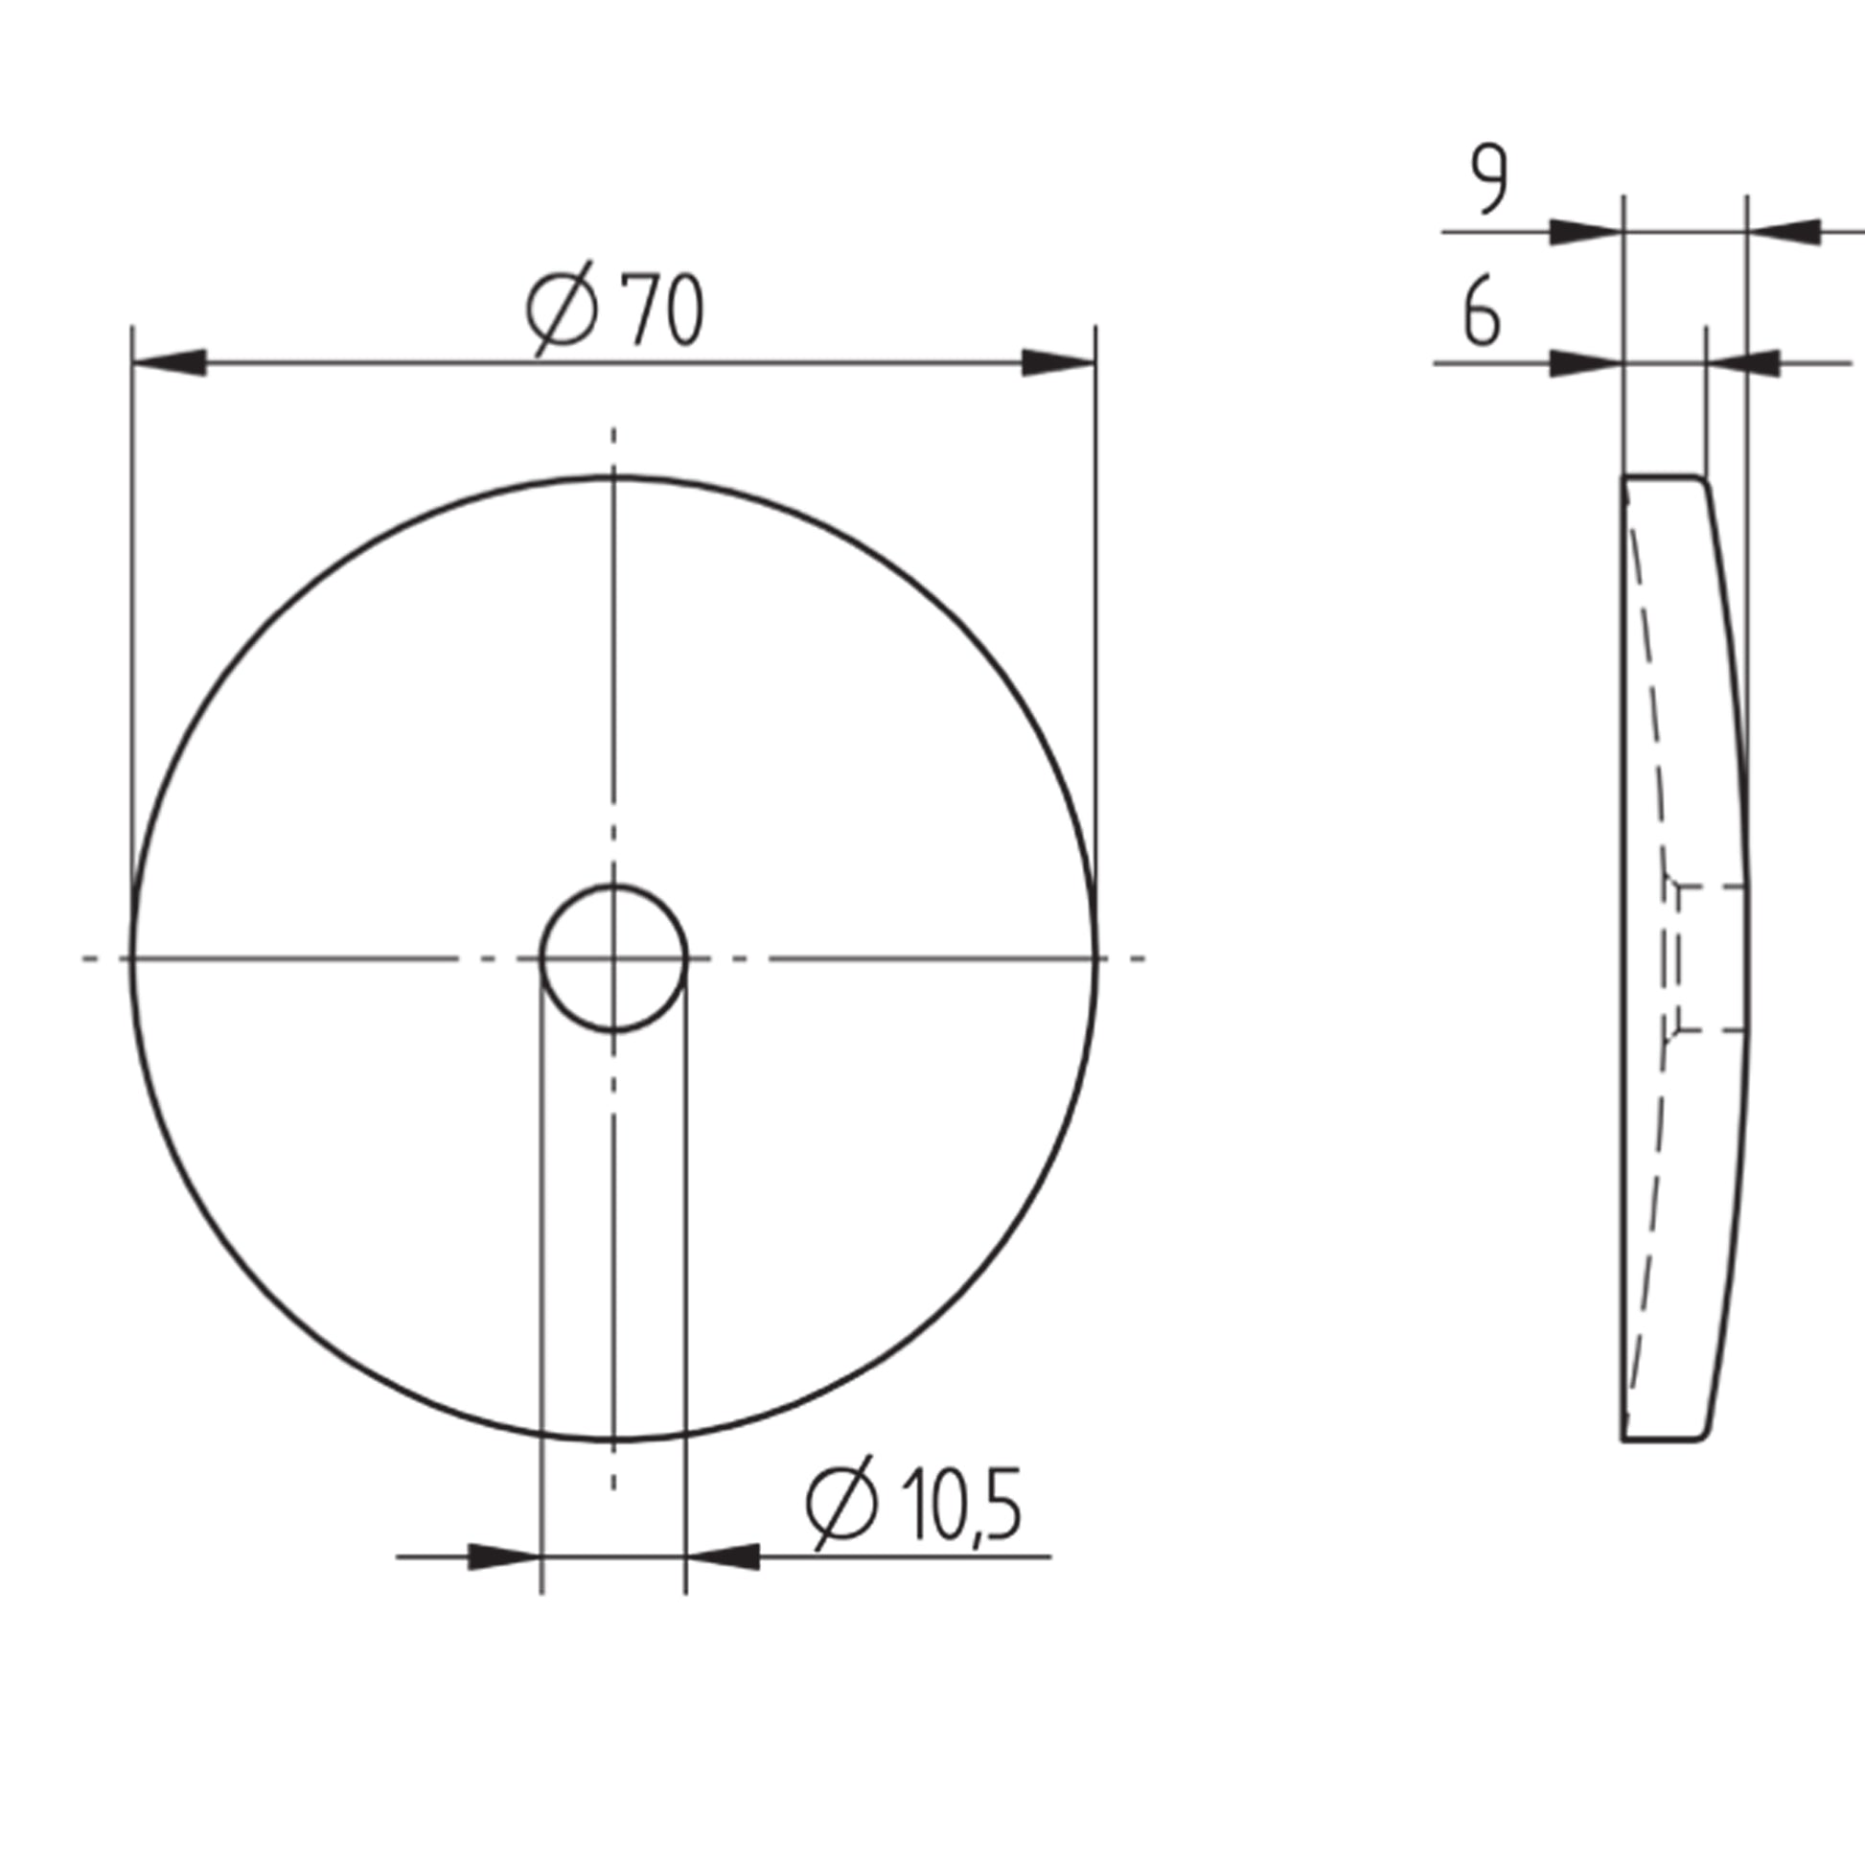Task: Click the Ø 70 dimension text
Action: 616,309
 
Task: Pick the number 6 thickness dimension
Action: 1482,311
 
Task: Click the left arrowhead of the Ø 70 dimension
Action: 169,363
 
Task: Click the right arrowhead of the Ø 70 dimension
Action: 1059,363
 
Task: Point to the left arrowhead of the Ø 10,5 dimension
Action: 504,1557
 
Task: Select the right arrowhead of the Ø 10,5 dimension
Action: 722,1557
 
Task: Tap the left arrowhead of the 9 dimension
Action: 1586,232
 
